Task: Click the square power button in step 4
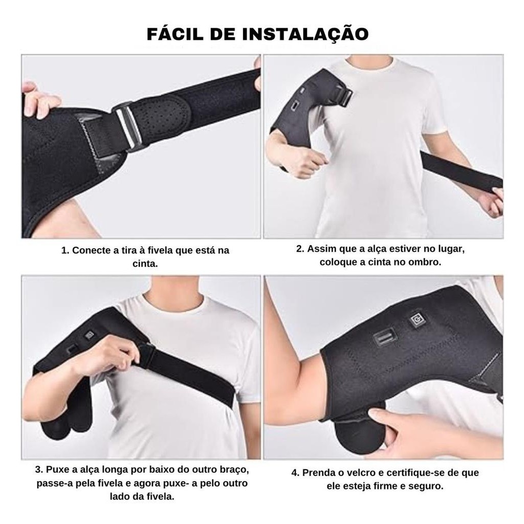[418, 320]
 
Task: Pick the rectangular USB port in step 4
[384, 339]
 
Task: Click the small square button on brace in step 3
[90, 335]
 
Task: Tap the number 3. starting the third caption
[39, 470]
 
